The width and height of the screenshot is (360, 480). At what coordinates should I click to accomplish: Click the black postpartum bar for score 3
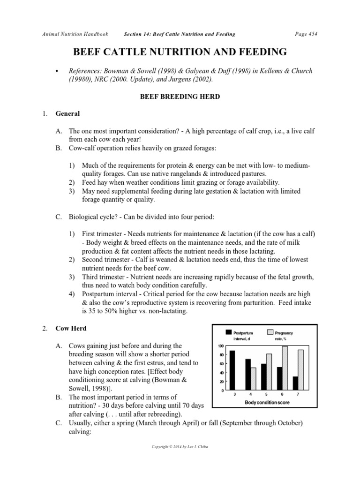point(232,370)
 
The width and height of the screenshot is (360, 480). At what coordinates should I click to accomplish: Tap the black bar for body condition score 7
point(295,383)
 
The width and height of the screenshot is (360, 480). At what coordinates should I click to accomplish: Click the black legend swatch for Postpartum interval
point(229,332)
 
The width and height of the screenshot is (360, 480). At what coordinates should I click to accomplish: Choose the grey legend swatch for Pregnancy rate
point(270,332)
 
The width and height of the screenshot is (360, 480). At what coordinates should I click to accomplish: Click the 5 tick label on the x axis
point(265,396)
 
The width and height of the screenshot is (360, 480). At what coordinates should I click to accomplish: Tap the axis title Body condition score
point(266,403)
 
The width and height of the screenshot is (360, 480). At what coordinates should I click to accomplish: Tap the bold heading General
point(68,113)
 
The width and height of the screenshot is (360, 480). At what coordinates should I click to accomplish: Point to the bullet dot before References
point(57,71)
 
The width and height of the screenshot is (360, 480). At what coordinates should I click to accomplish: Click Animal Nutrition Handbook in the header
point(75,34)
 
